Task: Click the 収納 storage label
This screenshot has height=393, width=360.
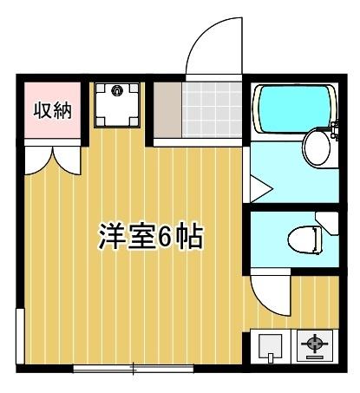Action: pos(52,111)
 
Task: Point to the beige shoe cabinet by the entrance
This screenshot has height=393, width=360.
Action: pos(165,111)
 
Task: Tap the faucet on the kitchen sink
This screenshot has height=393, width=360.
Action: pos(272,357)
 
